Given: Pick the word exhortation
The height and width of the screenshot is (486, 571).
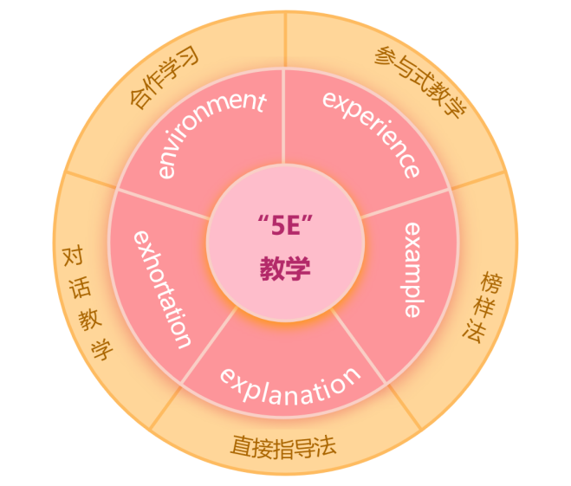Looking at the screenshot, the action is pyautogui.click(x=162, y=289).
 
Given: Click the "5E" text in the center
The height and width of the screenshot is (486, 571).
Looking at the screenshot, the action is pyautogui.click(x=285, y=225).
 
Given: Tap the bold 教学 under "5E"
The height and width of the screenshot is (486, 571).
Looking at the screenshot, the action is pyautogui.click(x=285, y=269).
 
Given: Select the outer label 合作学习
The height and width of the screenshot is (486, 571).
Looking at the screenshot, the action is pyautogui.click(x=164, y=78).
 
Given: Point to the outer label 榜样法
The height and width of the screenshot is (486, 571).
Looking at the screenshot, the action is pyautogui.click(x=483, y=308).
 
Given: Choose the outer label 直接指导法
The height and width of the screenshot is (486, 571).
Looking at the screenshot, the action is pyautogui.click(x=283, y=447).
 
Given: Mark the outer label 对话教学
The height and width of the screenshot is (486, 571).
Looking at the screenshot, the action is pyautogui.click(x=88, y=304).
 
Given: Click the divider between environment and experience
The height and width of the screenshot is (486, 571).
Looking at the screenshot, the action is pyautogui.click(x=283, y=116).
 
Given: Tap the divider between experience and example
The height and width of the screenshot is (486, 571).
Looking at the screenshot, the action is pyautogui.click(x=405, y=204).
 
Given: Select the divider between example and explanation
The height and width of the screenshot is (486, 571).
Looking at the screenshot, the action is pyautogui.click(x=359, y=346).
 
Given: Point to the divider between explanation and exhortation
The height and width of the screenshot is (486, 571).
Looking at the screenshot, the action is pyautogui.click(x=209, y=346).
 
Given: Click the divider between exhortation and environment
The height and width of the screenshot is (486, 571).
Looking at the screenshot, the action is pyautogui.click(x=164, y=204).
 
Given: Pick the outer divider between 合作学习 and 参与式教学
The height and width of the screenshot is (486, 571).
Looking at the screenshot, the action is pyautogui.click(x=286, y=40).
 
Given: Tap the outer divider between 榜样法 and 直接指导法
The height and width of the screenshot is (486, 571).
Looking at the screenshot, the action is pyautogui.click(x=405, y=406).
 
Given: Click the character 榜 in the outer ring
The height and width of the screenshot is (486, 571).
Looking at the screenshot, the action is pyautogui.click(x=491, y=282).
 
